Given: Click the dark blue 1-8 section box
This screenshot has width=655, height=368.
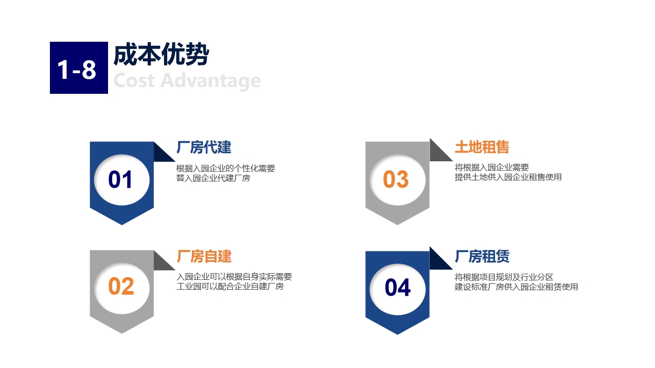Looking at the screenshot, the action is [x=79, y=68].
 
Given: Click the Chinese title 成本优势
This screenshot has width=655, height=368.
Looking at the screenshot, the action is [x=161, y=55].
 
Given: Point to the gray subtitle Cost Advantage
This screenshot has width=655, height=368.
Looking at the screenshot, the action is [x=187, y=80].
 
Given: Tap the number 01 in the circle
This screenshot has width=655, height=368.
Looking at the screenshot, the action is [x=120, y=179].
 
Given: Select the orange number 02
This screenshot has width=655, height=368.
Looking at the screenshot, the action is [x=121, y=286].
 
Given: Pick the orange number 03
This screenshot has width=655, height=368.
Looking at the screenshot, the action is [x=396, y=179].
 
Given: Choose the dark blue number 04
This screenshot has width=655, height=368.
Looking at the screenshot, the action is [x=398, y=288].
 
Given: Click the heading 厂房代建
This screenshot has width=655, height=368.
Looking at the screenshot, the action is [x=204, y=147].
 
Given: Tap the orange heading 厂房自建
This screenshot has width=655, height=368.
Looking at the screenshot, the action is [x=204, y=256].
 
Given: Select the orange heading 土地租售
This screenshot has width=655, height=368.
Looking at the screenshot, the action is [x=482, y=147].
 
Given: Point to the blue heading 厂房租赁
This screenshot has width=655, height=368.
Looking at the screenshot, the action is [x=482, y=256].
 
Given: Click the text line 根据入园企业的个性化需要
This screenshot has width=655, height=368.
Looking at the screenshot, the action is [x=225, y=169].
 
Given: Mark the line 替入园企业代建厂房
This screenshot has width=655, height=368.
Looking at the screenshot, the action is [x=213, y=178].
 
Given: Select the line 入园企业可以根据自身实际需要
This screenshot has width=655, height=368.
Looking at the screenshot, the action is [x=234, y=277].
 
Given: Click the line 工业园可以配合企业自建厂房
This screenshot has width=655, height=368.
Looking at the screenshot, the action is [x=230, y=286].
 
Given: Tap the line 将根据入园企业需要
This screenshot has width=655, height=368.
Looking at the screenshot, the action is [x=492, y=168].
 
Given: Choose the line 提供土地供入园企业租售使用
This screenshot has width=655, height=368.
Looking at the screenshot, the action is [x=508, y=177].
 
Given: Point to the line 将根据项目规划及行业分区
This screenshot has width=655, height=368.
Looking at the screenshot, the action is [x=504, y=277].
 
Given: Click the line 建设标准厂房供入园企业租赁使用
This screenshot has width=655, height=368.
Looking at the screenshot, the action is [x=517, y=287].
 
